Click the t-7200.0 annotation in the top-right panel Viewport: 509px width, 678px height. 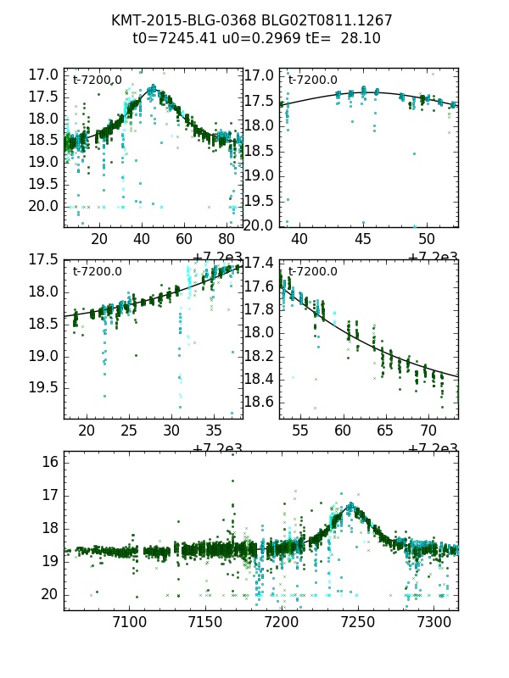(312, 81)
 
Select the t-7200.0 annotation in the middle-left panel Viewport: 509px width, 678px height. (97, 272)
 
